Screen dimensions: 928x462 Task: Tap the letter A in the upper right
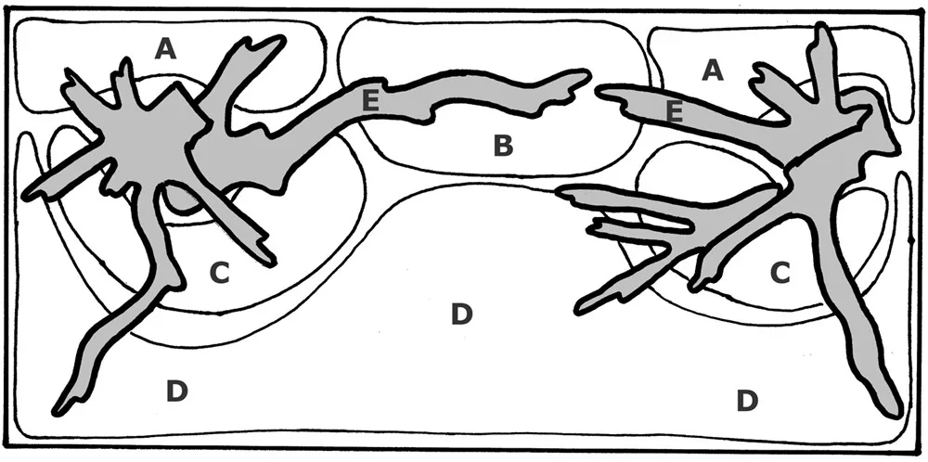713,71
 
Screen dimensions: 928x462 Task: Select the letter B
503,146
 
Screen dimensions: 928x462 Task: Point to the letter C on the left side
219,273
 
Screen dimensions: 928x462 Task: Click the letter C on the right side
780,272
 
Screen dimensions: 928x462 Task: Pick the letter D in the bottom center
461,314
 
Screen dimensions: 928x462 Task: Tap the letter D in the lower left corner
177,391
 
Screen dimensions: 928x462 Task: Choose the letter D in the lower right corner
747,401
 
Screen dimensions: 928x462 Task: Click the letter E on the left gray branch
370,101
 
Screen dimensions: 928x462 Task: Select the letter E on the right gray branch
675,112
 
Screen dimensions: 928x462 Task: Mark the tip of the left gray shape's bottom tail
57,412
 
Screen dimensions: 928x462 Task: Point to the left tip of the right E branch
597,91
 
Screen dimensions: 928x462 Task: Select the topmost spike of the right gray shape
820,27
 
